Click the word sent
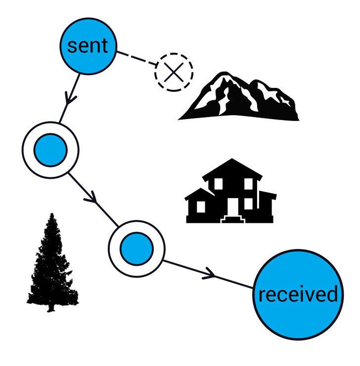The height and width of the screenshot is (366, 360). pyautogui.click(x=88, y=46)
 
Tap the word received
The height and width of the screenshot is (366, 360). pyautogui.click(x=298, y=295)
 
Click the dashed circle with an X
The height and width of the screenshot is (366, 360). pyautogui.click(x=174, y=73)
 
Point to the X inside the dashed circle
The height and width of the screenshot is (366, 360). pyautogui.click(x=174, y=73)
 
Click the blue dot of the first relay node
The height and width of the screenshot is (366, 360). pyautogui.click(x=50, y=149)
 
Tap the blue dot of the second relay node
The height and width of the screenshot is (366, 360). pyautogui.click(x=136, y=248)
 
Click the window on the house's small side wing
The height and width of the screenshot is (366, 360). pyautogui.click(x=201, y=207)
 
